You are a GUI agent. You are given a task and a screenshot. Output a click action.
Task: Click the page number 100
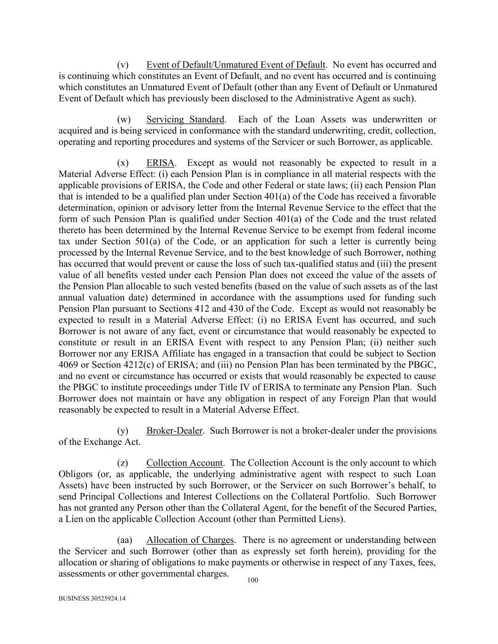click(253, 580)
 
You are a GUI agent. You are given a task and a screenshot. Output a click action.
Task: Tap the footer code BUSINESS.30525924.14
click(92, 599)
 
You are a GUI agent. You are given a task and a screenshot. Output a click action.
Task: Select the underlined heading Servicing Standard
click(185, 119)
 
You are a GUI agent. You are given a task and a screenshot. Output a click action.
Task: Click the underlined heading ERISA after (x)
click(160, 163)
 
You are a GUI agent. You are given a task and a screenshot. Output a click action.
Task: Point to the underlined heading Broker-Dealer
click(174, 431)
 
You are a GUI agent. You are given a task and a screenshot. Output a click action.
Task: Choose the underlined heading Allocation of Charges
click(190, 540)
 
